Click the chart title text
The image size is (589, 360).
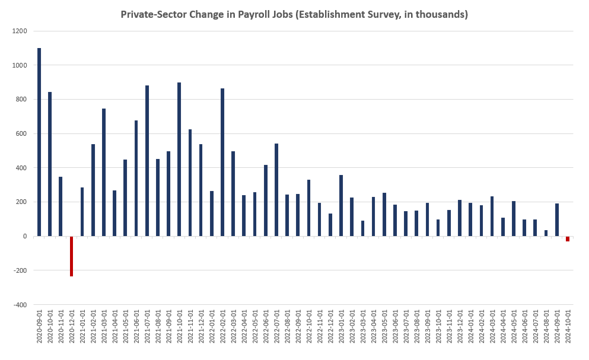tap(294, 14)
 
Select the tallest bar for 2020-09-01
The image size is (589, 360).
tap(39, 142)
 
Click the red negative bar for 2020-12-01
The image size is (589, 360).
tap(72, 256)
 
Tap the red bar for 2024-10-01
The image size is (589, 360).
tap(568, 238)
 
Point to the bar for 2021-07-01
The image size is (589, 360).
tap(147, 161)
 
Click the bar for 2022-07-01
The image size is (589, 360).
tap(276, 190)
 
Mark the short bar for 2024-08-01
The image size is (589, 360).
tap(546, 233)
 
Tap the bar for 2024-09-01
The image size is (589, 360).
tap(557, 219)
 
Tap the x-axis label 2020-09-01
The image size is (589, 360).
tap(40, 325)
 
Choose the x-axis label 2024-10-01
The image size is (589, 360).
tap(568, 325)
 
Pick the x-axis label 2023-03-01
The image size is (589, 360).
tap(363, 325)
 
